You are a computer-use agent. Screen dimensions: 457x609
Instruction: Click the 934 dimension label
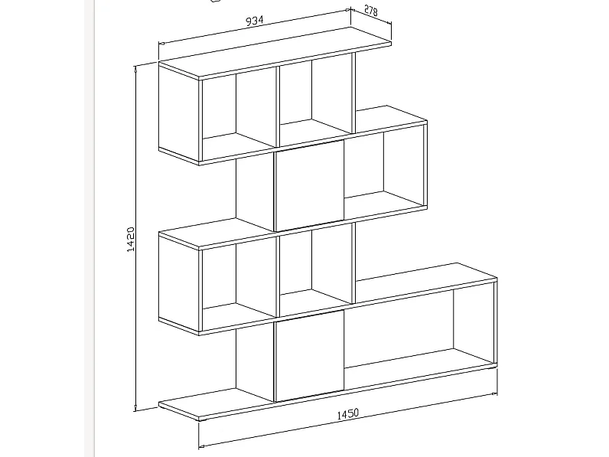coord(256,21)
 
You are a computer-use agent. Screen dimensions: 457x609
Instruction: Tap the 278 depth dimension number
coord(371,11)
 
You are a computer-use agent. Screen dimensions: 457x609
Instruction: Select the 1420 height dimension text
coord(131,240)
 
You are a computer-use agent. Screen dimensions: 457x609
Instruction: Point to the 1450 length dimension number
coord(347,414)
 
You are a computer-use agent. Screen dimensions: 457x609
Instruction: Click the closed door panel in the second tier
coord(308,186)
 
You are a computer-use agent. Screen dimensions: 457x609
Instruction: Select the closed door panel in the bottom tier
coord(308,357)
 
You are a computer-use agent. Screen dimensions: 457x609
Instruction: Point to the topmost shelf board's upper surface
coord(275,54)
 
